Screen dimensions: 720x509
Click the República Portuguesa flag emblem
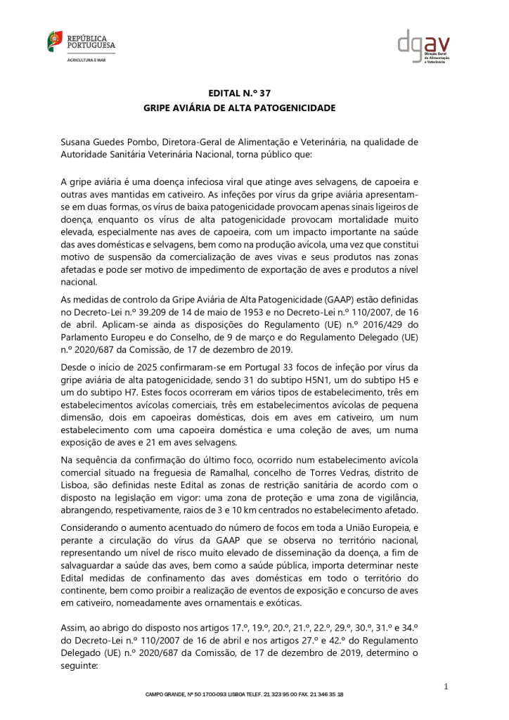(55, 41)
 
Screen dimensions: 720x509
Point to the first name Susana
(78, 141)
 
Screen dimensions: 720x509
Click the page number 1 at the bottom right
(446, 686)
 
